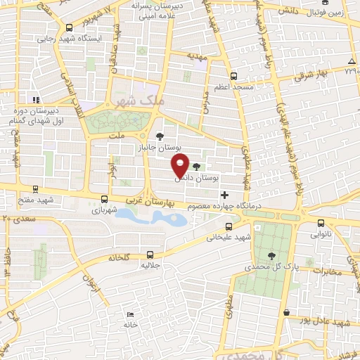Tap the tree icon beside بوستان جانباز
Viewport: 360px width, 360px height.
tap(160, 136)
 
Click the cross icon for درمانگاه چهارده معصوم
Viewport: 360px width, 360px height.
tap(224, 194)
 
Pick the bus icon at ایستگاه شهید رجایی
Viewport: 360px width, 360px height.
tap(67, 27)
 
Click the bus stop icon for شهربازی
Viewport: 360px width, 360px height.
tap(104, 199)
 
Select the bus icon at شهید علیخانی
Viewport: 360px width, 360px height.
tap(229, 226)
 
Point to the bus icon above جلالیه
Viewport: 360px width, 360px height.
tap(149, 255)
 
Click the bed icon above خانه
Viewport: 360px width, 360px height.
tap(129, 314)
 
